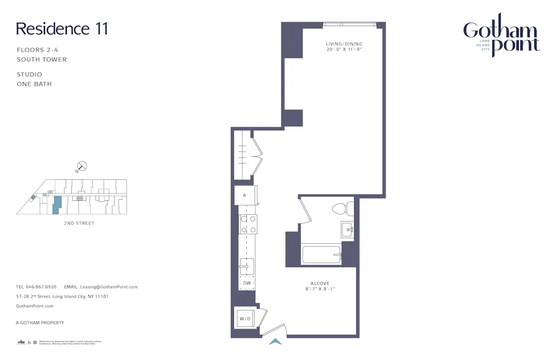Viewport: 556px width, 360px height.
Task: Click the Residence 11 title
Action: (62, 28)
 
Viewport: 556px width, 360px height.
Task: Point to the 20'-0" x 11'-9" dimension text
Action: (344, 50)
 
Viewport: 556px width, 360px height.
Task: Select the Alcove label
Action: (320, 283)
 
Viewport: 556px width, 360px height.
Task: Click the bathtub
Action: (321, 255)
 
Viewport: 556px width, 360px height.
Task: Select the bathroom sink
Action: (346, 229)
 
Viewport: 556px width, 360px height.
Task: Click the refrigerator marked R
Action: (245, 196)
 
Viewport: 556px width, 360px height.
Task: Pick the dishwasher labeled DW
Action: (247, 284)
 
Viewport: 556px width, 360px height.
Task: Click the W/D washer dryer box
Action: (245, 318)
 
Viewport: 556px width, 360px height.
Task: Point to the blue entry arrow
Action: (275, 341)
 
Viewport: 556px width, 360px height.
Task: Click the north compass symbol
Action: (82, 165)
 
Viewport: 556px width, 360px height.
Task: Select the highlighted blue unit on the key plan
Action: (56, 205)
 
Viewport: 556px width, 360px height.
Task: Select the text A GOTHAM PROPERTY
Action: (40, 323)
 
